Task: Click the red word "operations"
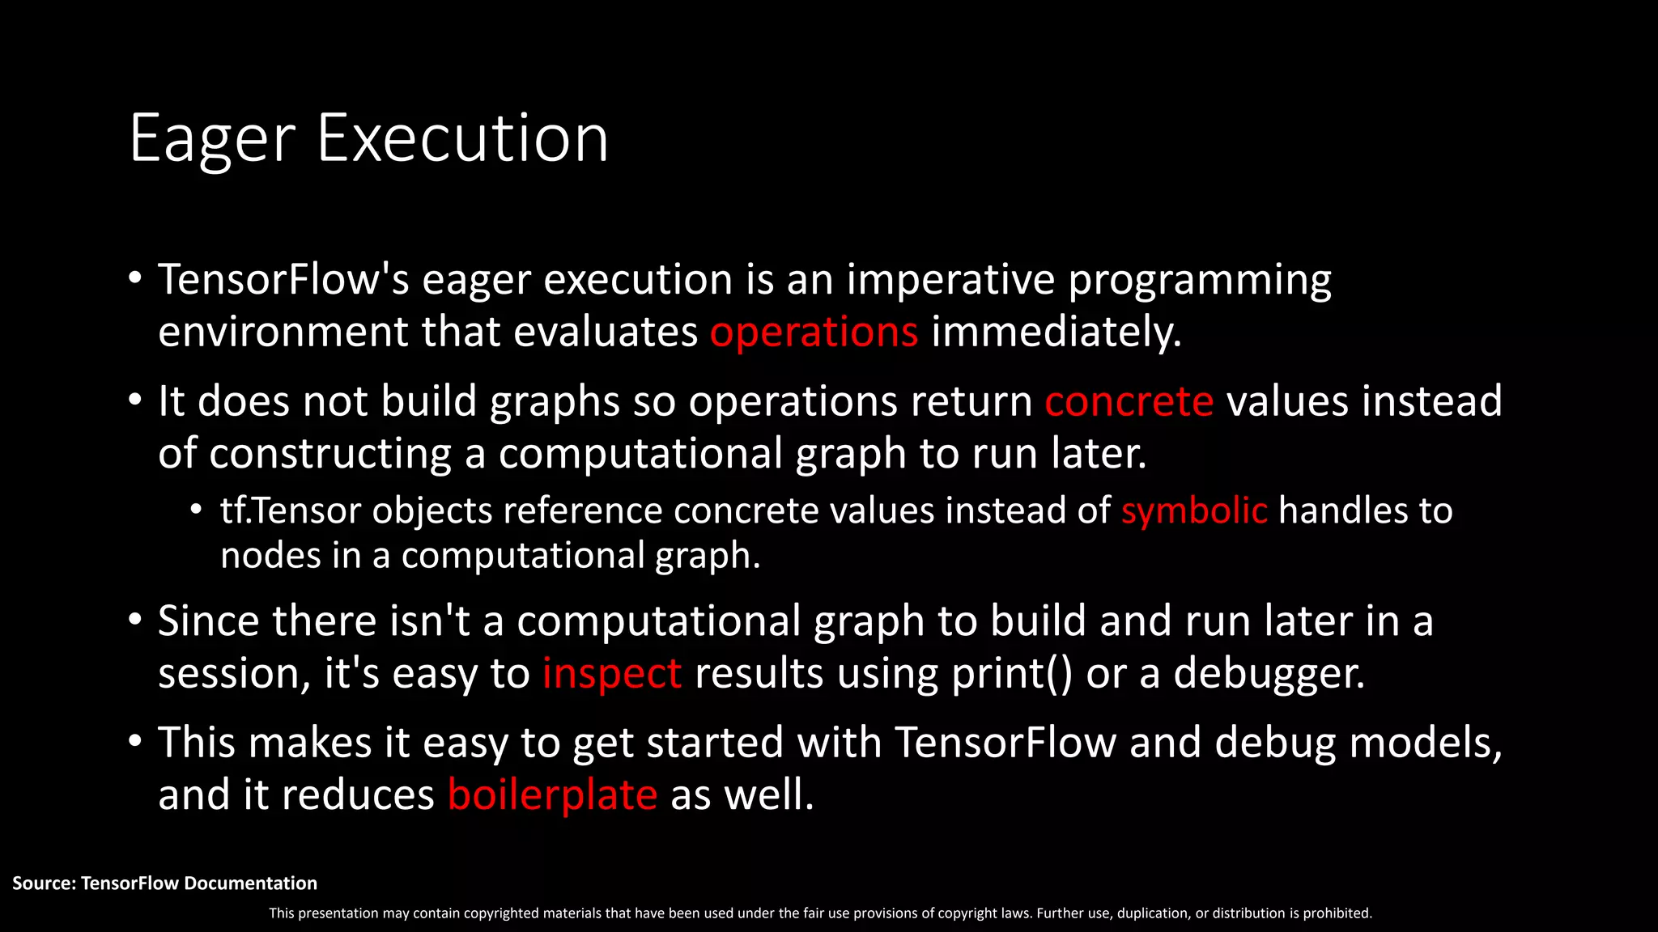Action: pos(814,333)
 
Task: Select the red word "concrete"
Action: pos(1129,401)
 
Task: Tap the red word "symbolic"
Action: pos(1193,511)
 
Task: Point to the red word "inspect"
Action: pos(611,674)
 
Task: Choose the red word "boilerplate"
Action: pos(552,794)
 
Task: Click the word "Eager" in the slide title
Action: pos(212,139)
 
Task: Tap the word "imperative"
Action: pos(950,280)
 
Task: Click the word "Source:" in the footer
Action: pos(44,883)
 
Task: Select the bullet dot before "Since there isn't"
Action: pos(135,621)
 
